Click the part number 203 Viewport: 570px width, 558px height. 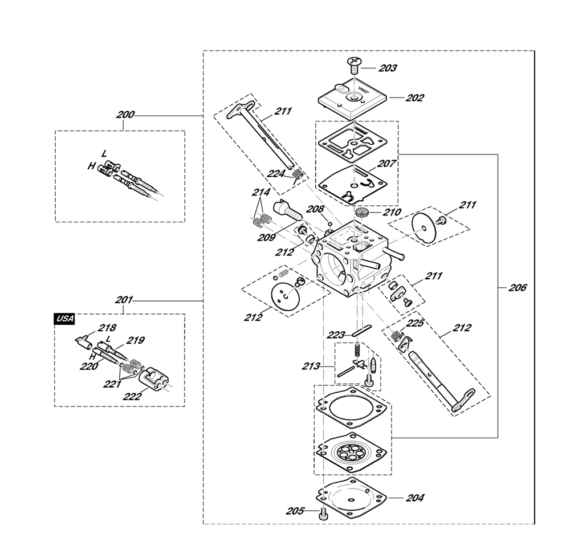click(388, 68)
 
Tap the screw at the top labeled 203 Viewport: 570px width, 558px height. click(354, 65)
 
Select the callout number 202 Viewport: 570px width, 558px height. click(415, 98)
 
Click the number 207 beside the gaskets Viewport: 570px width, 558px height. click(386, 164)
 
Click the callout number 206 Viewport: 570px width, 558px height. click(518, 288)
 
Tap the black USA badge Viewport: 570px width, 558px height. click(65, 319)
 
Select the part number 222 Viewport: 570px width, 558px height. click(132, 396)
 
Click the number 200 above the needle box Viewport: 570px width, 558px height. click(125, 115)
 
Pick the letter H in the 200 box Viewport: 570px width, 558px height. click(92, 166)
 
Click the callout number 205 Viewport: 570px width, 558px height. click(295, 511)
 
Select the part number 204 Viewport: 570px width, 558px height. click(415, 498)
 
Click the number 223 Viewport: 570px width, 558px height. click(336, 335)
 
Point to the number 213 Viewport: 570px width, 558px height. click(311, 366)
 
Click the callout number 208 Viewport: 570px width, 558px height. click(315, 209)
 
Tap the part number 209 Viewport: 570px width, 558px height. click(267, 238)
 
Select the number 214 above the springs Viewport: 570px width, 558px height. click(262, 192)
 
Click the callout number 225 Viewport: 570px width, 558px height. click(415, 323)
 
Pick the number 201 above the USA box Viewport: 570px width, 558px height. click(124, 300)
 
